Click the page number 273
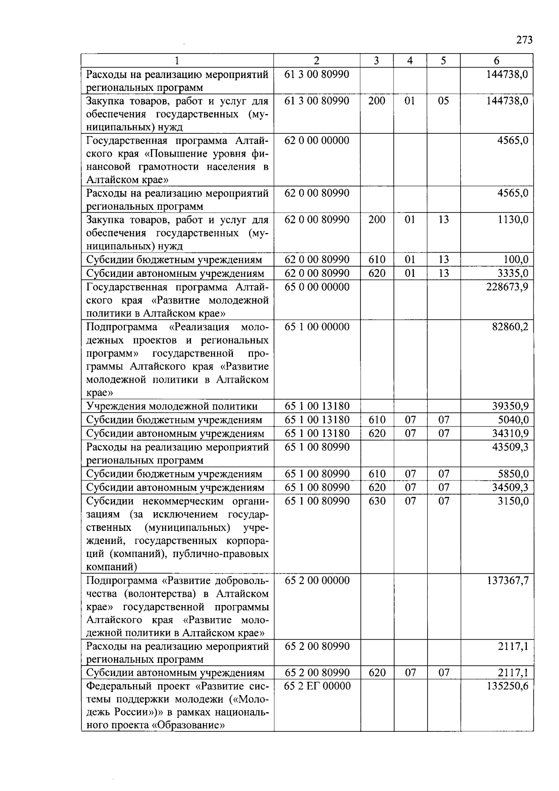(524, 40)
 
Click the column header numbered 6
(497, 61)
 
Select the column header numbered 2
(317, 61)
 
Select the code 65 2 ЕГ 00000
(318, 686)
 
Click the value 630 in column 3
(377, 501)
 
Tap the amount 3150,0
(513, 501)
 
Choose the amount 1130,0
(513, 220)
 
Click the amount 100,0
(516, 260)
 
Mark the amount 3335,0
(513, 273)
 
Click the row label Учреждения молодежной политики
(172, 406)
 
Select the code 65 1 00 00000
(317, 327)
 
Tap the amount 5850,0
(513, 474)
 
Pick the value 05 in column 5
(443, 101)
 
